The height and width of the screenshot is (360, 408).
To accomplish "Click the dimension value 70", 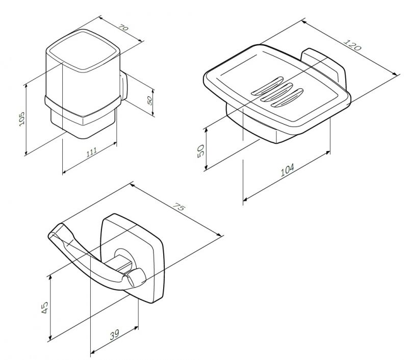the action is tap(123, 28).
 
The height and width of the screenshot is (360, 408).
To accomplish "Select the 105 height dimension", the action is tap(22, 119).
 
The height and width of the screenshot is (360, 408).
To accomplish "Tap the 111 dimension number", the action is tap(92, 152).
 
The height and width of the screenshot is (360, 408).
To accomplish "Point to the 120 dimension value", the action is tap(352, 45).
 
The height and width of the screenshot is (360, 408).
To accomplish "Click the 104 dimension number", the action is tap(288, 170).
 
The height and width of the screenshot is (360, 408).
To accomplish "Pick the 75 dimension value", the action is tap(179, 207).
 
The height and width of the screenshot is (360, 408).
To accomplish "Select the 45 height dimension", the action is tap(45, 307).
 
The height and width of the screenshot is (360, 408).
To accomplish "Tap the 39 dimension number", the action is tap(114, 335).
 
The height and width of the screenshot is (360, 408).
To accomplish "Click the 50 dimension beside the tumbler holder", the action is tap(149, 100).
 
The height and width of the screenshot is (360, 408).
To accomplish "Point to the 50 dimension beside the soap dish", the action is tap(201, 151).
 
